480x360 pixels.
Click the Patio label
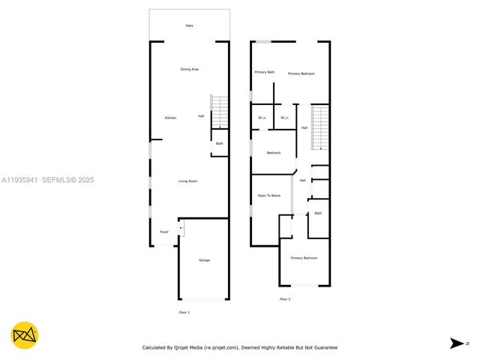pos(189,25)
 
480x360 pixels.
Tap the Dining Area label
pos(189,69)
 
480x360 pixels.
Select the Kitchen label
pos(170,118)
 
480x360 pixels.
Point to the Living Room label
pos(187,181)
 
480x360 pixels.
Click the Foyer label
pos(163,232)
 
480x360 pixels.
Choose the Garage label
pos(204,260)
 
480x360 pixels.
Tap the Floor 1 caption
pos(184,312)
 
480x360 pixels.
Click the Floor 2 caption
pos(285,299)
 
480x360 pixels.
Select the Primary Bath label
pos(264,72)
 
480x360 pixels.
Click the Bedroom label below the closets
pos(273,153)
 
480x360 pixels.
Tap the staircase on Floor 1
pos(219,112)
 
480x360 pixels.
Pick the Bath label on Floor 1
pos(220,143)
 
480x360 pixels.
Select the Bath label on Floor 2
pos(318,213)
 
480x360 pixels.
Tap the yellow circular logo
pos(25,334)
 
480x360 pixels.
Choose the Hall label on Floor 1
pos(201,115)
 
